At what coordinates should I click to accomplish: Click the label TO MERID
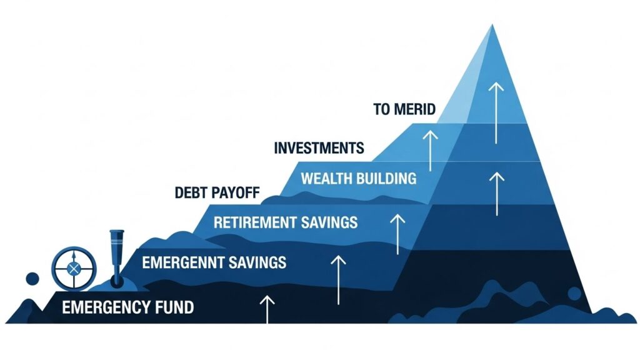pyautogui.click(x=404, y=109)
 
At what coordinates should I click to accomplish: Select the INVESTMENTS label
pyautogui.click(x=319, y=149)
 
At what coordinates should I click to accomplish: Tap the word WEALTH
pyautogui.click(x=326, y=179)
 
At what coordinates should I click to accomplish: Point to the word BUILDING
pyautogui.click(x=386, y=179)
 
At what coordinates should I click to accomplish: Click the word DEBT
pyautogui.click(x=192, y=192)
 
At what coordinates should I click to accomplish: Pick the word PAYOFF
pyautogui.click(x=237, y=192)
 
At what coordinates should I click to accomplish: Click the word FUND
pyautogui.click(x=172, y=307)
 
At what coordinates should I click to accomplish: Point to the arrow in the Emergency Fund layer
pyautogui.click(x=267, y=309)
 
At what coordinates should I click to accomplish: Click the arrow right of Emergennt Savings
pyautogui.click(x=337, y=278)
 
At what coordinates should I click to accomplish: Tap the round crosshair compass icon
pyautogui.click(x=73, y=269)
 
